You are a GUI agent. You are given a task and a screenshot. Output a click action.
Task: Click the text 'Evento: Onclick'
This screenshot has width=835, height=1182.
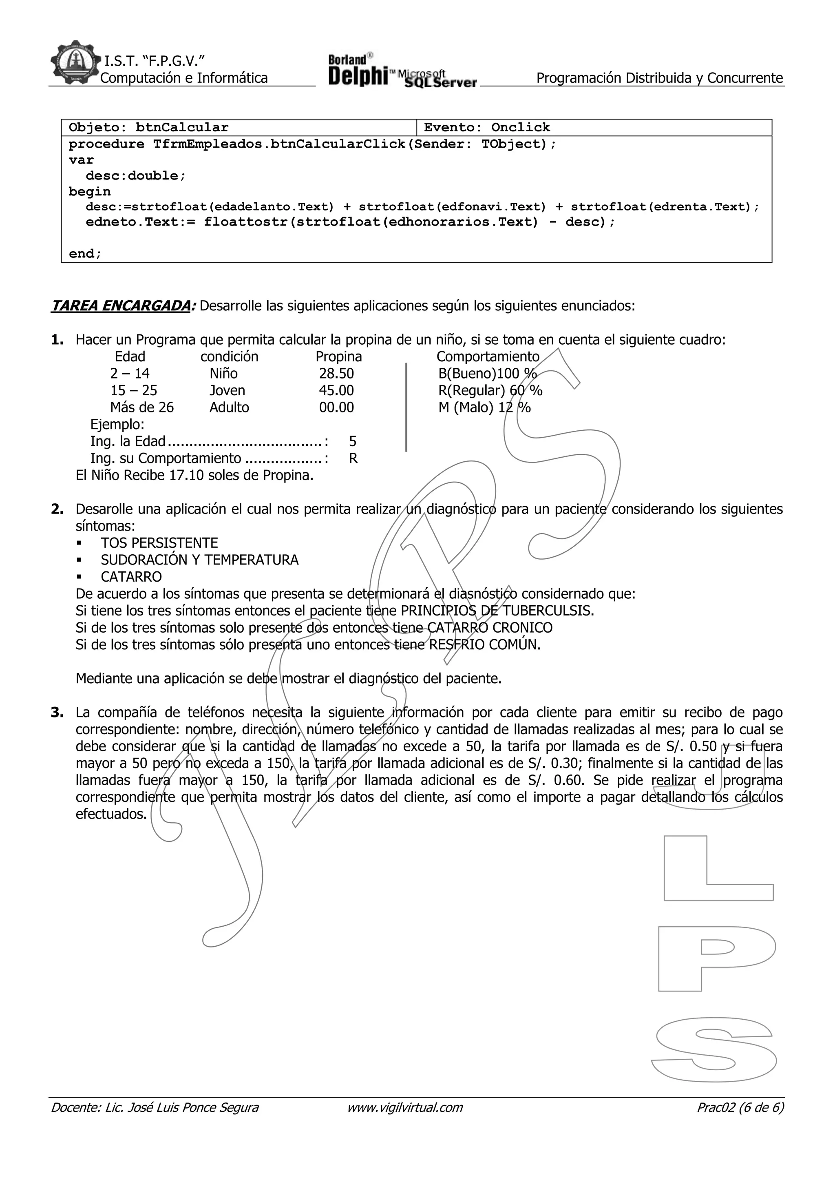click(x=487, y=127)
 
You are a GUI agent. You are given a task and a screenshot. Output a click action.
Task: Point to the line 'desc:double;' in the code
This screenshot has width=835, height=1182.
click(x=135, y=175)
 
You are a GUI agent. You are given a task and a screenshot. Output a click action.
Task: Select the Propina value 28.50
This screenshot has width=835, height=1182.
click(x=336, y=373)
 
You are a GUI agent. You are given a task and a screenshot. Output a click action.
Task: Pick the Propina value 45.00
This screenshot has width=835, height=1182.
click(x=336, y=390)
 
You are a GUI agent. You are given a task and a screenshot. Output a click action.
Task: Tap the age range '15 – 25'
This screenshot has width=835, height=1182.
click(x=134, y=390)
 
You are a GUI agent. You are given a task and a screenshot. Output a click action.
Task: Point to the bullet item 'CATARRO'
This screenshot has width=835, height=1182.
click(x=131, y=577)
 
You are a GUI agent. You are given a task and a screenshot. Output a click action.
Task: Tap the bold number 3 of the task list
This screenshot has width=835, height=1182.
click(x=57, y=713)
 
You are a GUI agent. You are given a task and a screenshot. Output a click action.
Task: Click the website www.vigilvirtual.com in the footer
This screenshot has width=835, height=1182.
click(x=405, y=1107)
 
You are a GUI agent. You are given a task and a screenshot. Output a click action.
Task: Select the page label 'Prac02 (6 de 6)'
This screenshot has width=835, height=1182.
click(x=740, y=1107)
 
